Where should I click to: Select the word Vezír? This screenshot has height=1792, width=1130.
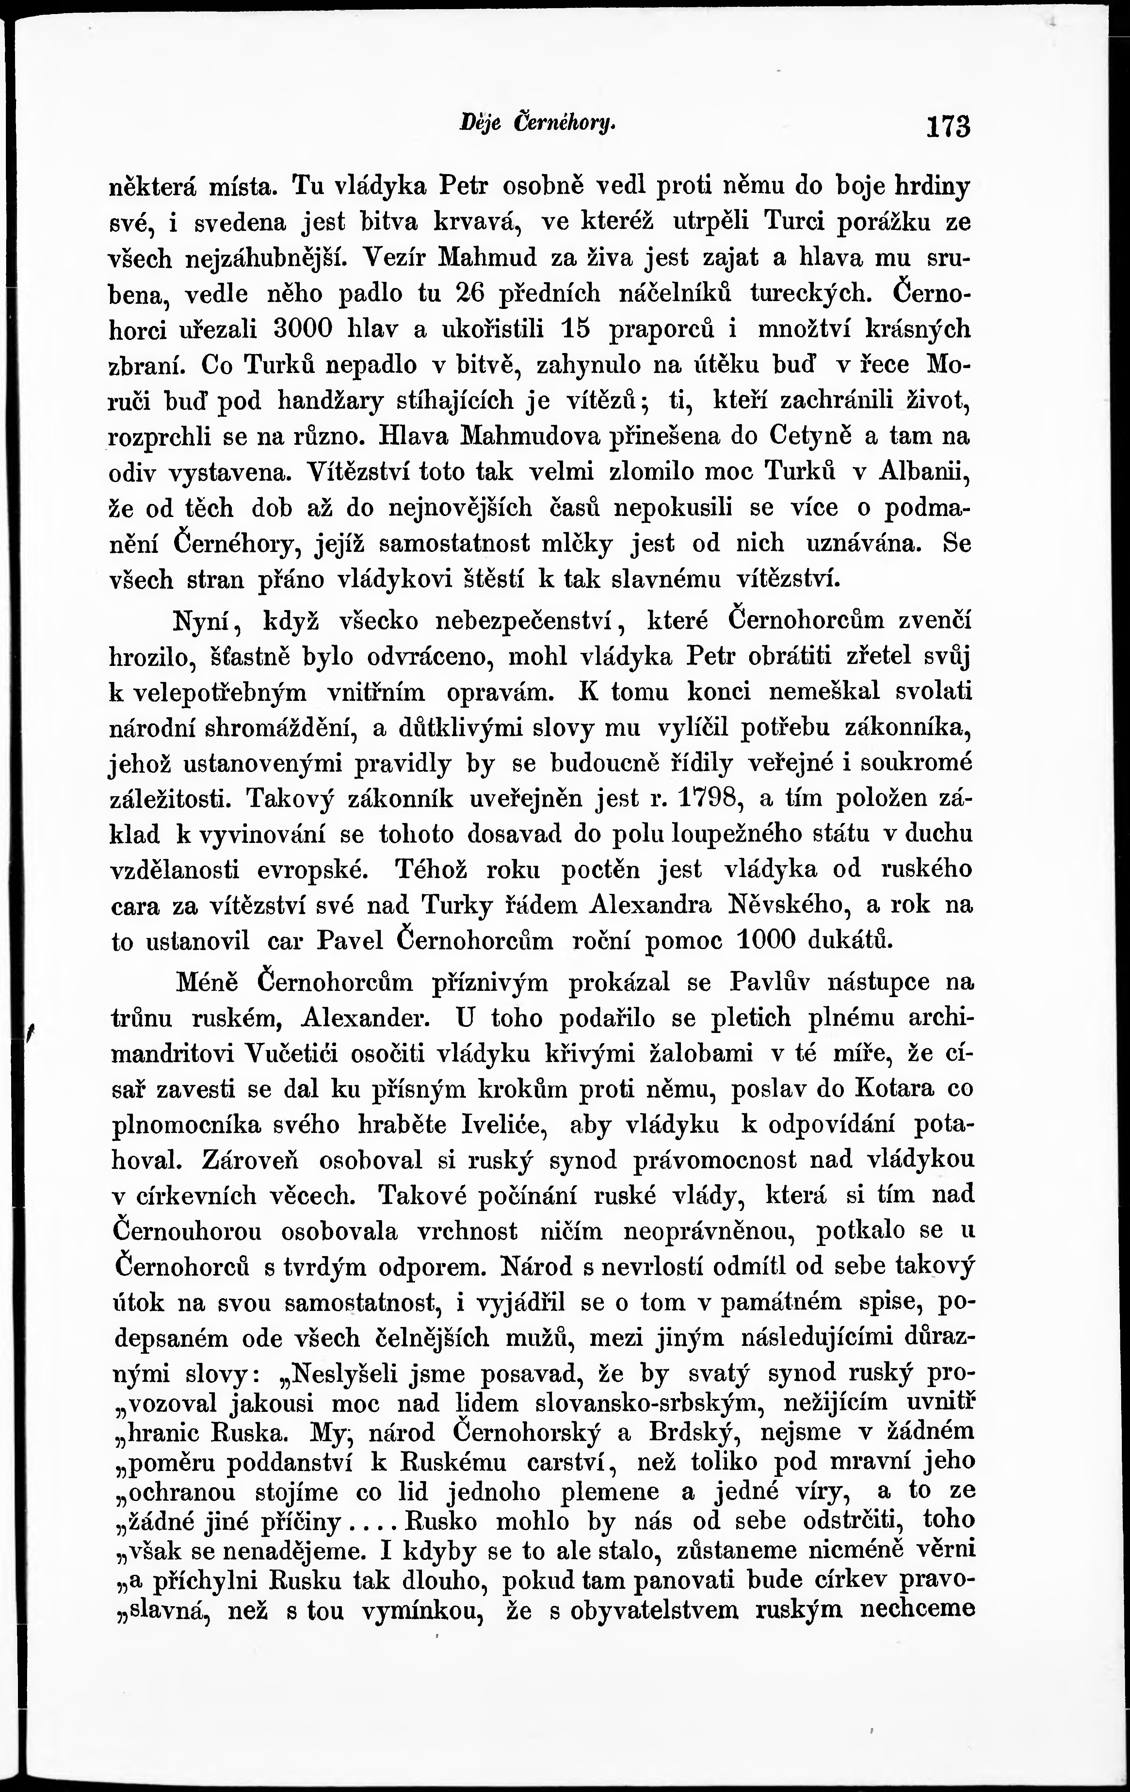click(x=397, y=257)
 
